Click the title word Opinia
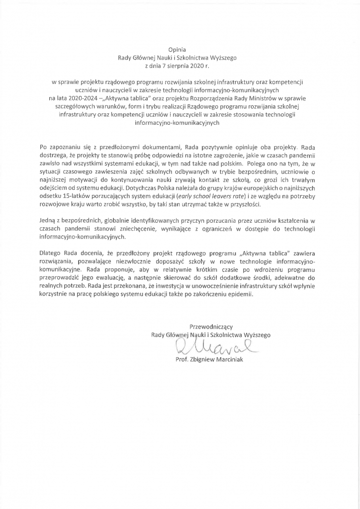coord(180,49)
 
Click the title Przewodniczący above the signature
coord(211,326)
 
